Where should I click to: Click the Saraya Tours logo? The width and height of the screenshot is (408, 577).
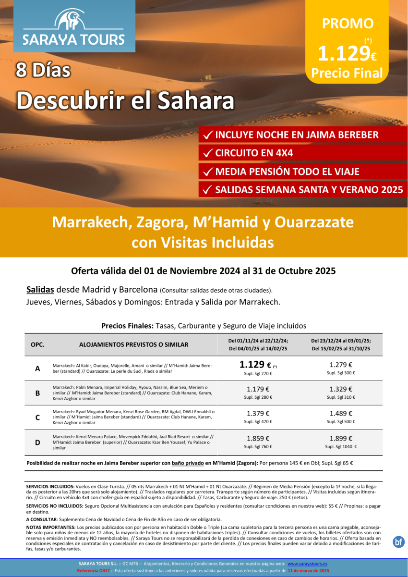(x=74, y=27)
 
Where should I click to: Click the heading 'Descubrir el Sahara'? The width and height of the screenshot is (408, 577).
(x=125, y=101)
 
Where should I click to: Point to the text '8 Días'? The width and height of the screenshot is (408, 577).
(x=43, y=70)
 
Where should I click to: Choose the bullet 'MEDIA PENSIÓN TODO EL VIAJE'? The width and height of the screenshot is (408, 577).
(x=287, y=172)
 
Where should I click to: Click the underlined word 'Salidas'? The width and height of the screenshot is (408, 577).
(x=40, y=290)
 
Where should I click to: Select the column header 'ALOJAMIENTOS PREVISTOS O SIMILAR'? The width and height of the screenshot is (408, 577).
(x=133, y=344)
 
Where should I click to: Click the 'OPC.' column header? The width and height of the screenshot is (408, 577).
(x=37, y=344)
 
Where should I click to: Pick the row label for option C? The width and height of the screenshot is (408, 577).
(x=37, y=417)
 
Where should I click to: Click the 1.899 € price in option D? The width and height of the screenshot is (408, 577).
(x=341, y=438)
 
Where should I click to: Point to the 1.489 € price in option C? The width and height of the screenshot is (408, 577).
(x=341, y=414)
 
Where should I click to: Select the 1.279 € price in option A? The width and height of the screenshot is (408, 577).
(x=341, y=365)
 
